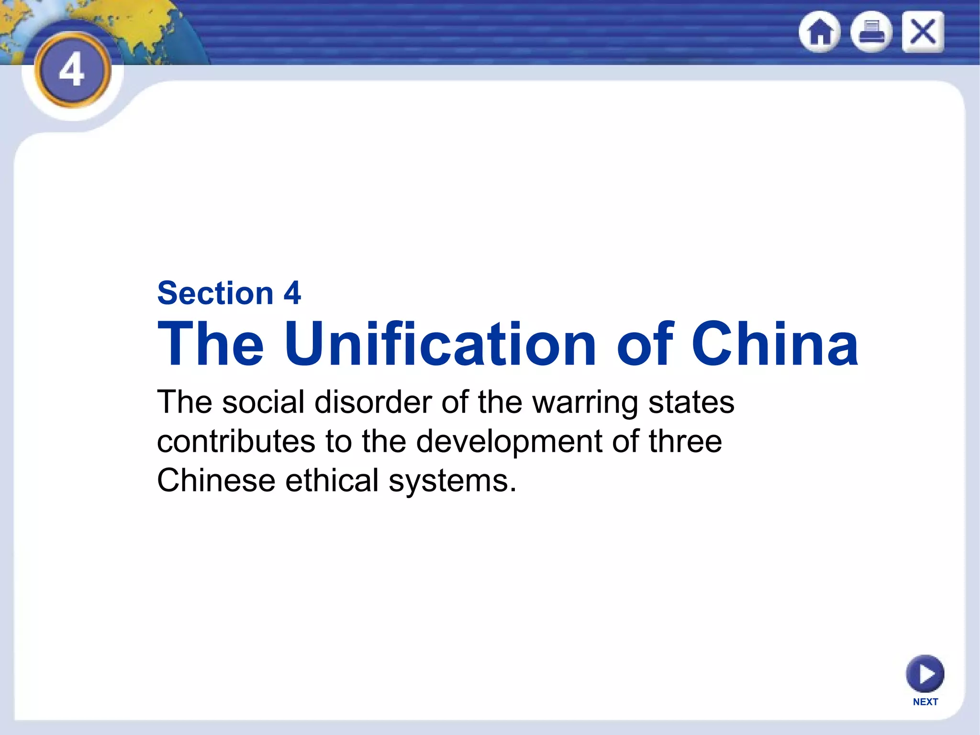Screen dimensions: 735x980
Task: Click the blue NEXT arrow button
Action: click(x=925, y=673)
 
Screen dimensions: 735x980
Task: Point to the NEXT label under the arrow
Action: click(x=925, y=702)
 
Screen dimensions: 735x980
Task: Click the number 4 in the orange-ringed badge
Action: click(x=72, y=70)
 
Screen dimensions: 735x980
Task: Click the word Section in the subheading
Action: click(x=215, y=293)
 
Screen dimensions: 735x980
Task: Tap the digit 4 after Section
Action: click(x=292, y=293)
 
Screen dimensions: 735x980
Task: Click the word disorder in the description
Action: click(x=373, y=402)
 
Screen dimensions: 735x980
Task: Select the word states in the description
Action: click(x=691, y=402)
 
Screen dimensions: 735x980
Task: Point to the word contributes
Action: click(x=236, y=441)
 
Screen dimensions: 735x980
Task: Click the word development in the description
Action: click(x=509, y=441)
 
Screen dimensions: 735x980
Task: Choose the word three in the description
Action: click(x=685, y=441)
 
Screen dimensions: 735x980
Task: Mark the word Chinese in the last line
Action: click(x=216, y=480)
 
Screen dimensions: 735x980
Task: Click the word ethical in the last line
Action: click(x=332, y=480)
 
